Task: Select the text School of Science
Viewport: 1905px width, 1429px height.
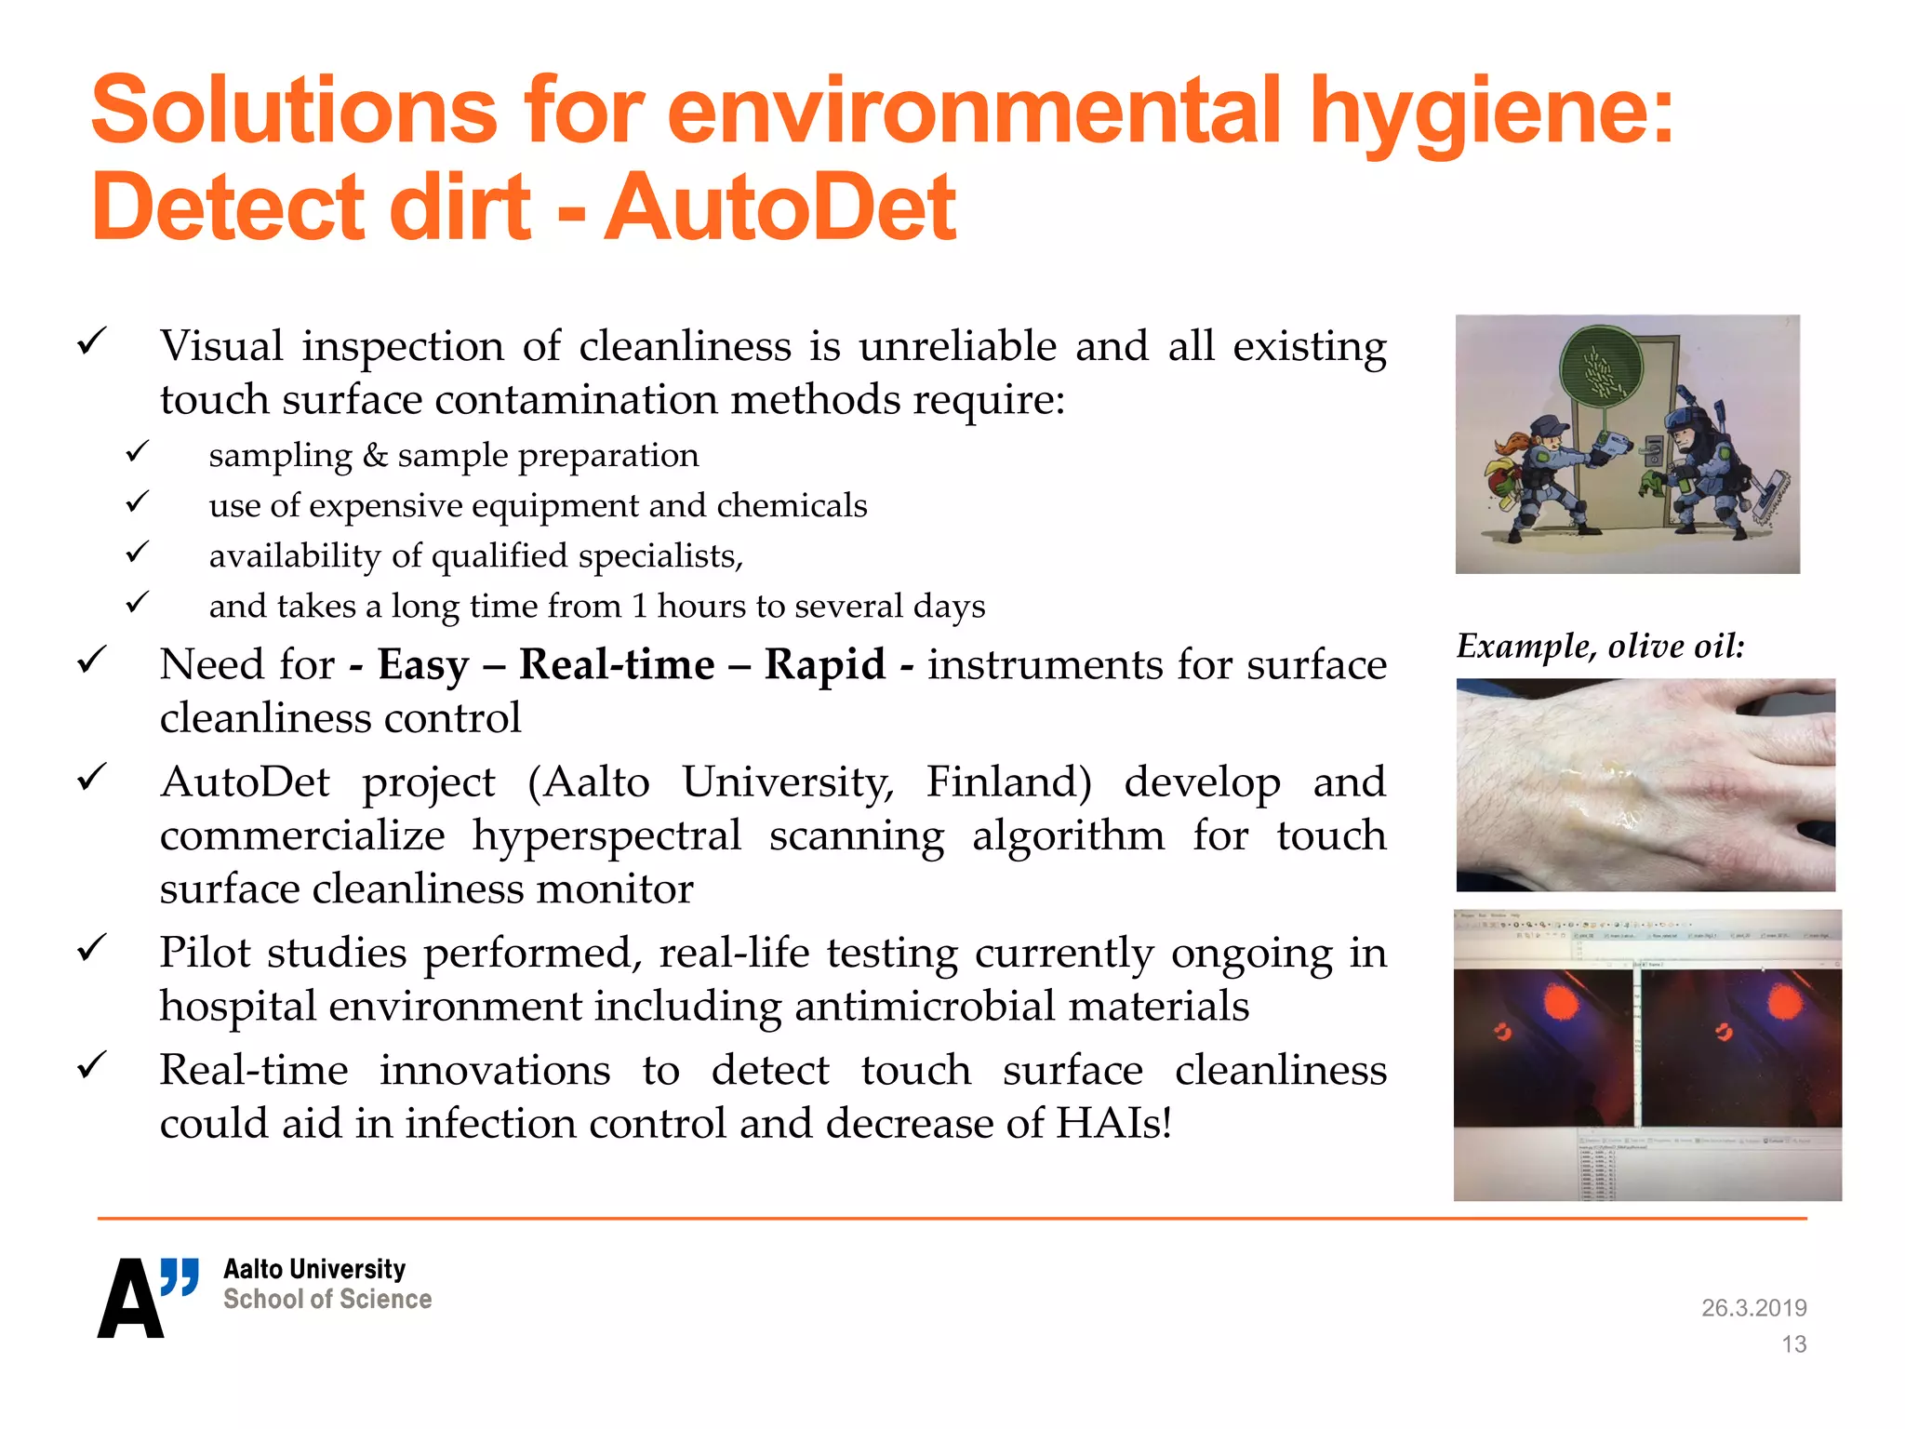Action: point(327,1300)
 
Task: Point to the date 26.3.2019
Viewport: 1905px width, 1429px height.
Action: point(1753,1308)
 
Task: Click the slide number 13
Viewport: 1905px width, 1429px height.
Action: point(1793,1344)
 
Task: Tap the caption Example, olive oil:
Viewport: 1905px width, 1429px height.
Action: point(1600,646)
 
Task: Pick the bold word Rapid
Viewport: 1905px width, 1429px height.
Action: point(824,664)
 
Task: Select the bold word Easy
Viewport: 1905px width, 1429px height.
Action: point(423,664)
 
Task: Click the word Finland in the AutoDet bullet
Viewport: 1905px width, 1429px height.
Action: point(1008,781)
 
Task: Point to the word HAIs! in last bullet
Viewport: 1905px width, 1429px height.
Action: point(1113,1123)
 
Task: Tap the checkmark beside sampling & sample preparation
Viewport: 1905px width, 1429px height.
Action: point(138,453)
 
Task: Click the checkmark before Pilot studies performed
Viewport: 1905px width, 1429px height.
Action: point(92,949)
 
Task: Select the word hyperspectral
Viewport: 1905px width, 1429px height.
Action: point(606,835)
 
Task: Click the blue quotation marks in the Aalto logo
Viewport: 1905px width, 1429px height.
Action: point(180,1275)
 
